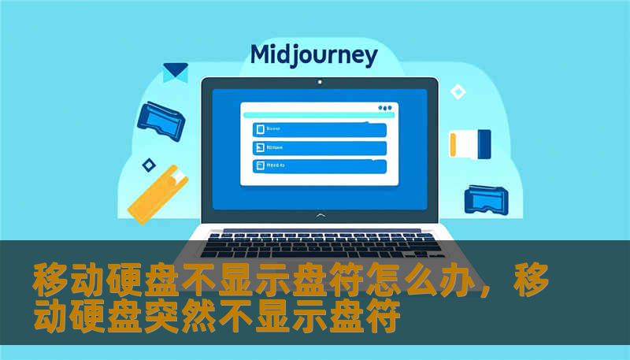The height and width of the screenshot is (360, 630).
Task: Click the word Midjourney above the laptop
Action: (x=313, y=56)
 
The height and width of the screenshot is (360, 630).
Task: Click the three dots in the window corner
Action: (x=384, y=108)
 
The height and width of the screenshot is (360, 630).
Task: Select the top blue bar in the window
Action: (x=319, y=129)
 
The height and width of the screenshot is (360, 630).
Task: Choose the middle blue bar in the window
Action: (x=319, y=148)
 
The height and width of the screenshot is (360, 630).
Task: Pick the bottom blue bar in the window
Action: (x=319, y=166)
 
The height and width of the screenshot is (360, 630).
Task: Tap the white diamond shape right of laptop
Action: (x=457, y=92)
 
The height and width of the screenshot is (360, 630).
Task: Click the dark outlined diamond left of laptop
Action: (x=148, y=165)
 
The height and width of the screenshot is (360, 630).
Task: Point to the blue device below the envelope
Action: (x=161, y=116)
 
